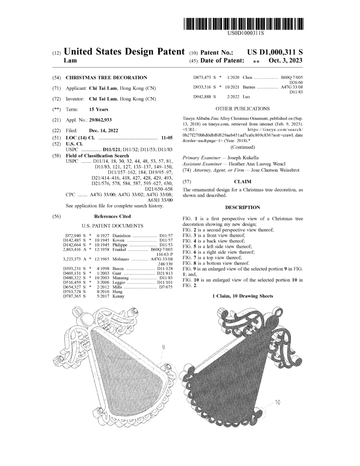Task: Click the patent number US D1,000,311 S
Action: pos(275,52)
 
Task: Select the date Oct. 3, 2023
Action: pos(285,60)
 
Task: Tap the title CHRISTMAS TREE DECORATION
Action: pos(106,78)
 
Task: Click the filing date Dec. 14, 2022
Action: pos(103,130)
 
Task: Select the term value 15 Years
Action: pos(99,109)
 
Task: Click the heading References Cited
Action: pos(112,216)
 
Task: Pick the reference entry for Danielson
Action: pos(121,236)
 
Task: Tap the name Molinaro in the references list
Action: pos(121,259)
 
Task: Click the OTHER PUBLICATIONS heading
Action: pos(242,109)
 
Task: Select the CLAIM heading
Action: pos(242,182)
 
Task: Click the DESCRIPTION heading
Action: pos(242,207)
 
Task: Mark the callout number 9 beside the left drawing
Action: pos(163,348)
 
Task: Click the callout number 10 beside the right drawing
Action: pos(277,402)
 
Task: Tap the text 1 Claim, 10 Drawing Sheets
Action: pos(242,296)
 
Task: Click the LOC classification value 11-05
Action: pos(167,138)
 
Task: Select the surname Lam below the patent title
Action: pos(70,60)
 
